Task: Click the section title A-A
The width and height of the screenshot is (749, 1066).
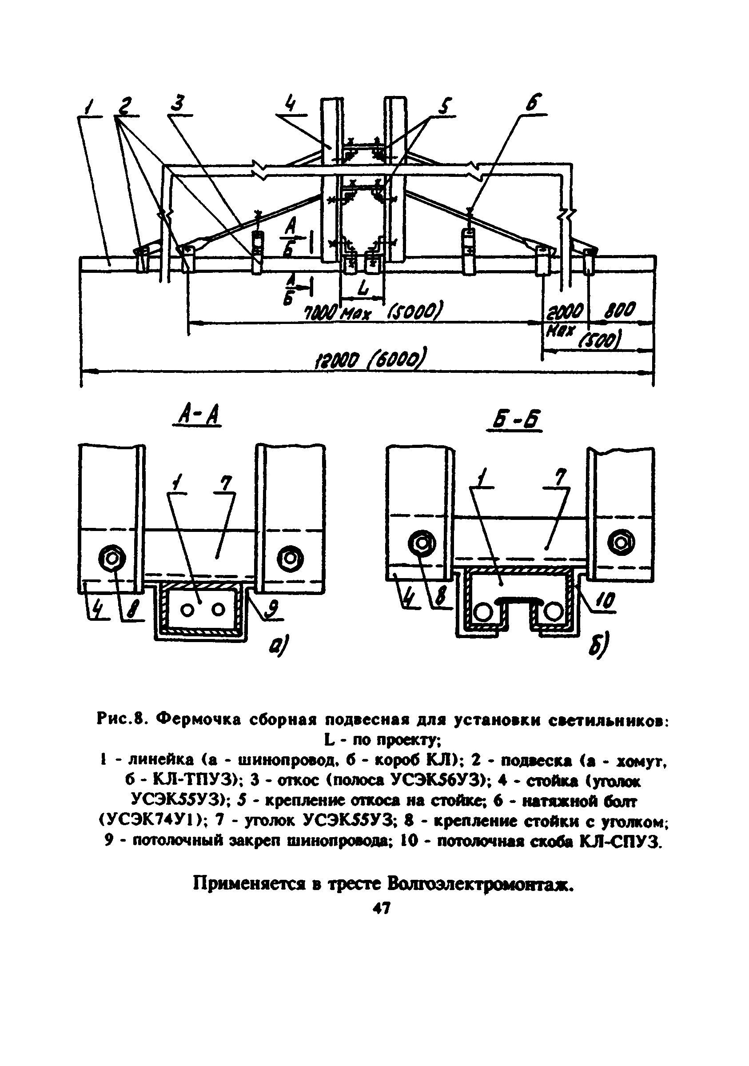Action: (196, 415)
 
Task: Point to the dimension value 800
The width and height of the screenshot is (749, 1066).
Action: (619, 310)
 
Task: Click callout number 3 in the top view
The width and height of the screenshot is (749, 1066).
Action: (178, 103)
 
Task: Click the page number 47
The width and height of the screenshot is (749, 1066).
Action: (382, 907)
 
